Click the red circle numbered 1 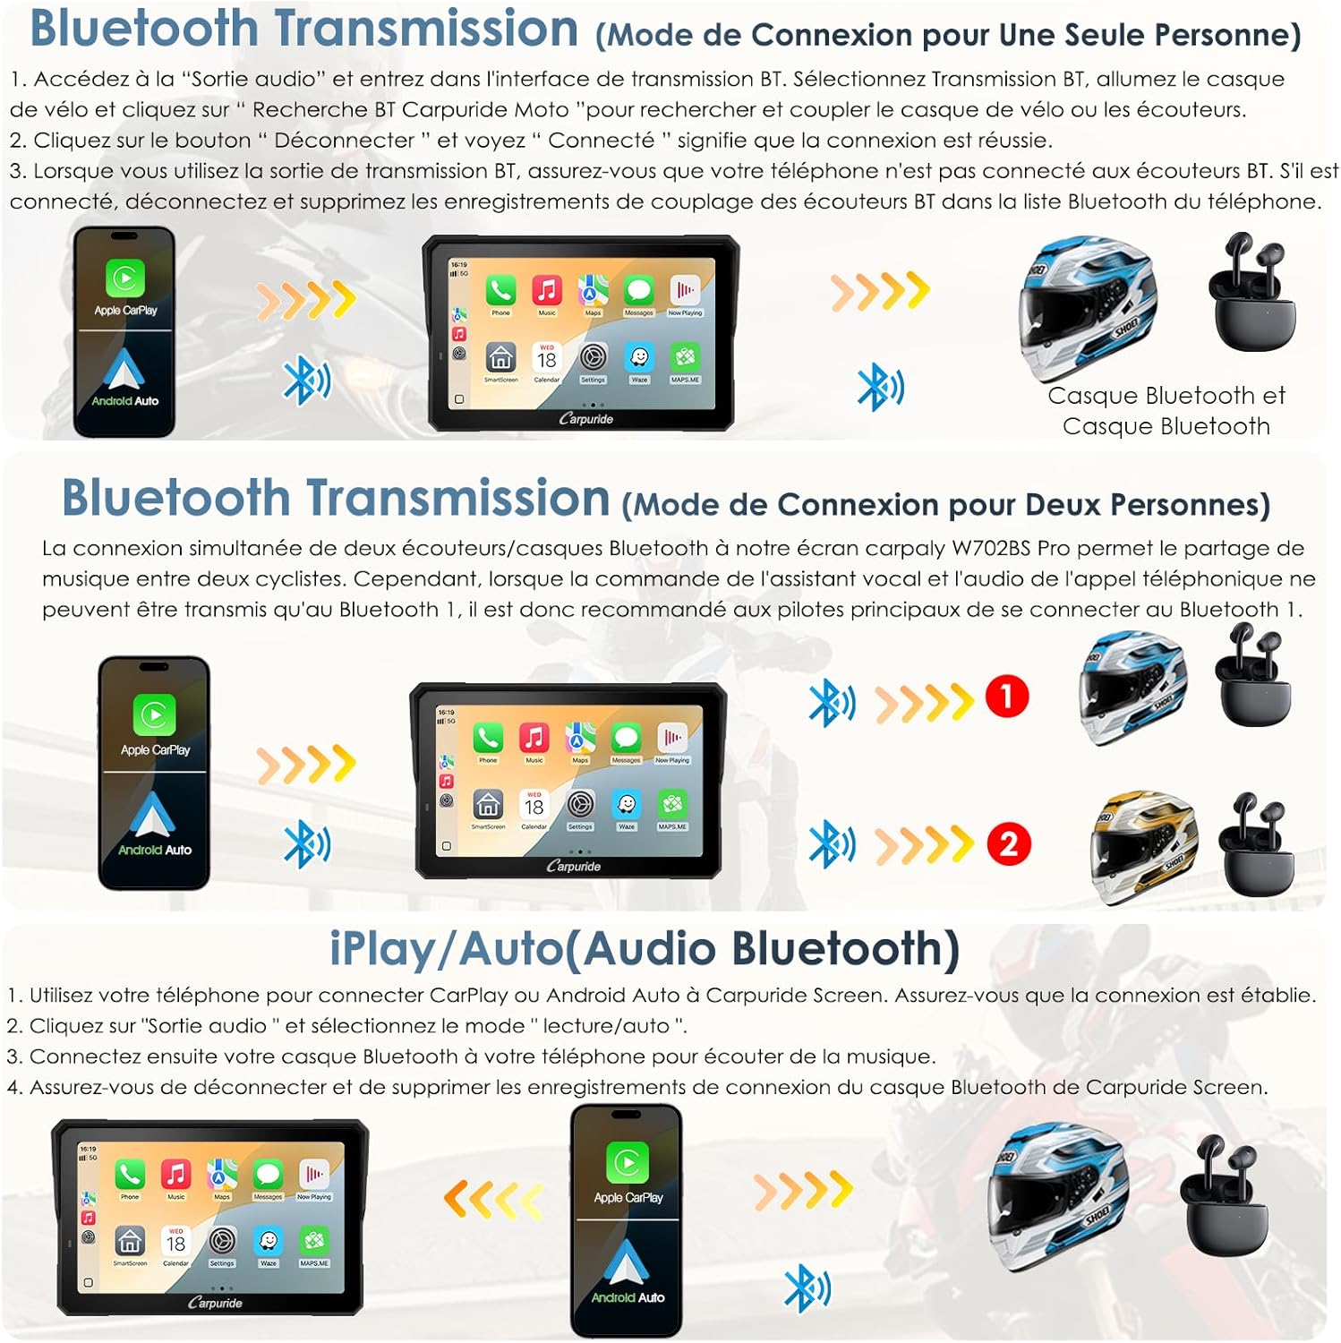pyautogui.click(x=1006, y=697)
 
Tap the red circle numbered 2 pyautogui.click(x=1009, y=844)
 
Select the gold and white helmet pyautogui.click(x=1143, y=846)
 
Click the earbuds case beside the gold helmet pyautogui.click(x=1256, y=846)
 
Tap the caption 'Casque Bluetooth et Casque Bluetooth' pyautogui.click(x=1166, y=411)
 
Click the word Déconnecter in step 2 pyautogui.click(x=345, y=141)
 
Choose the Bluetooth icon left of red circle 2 pyautogui.click(x=831, y=844)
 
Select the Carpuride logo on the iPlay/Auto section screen pyautogui.click(x=215, y=1303)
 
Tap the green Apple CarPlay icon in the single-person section pyautogui.click(x=125, y=278)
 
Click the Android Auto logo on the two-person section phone pyautogui.click(x=152, y=816)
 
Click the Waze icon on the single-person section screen pyautogui.click(x=639, y=358)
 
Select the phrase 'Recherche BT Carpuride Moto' pyautogui.click(x=411, y=110)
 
